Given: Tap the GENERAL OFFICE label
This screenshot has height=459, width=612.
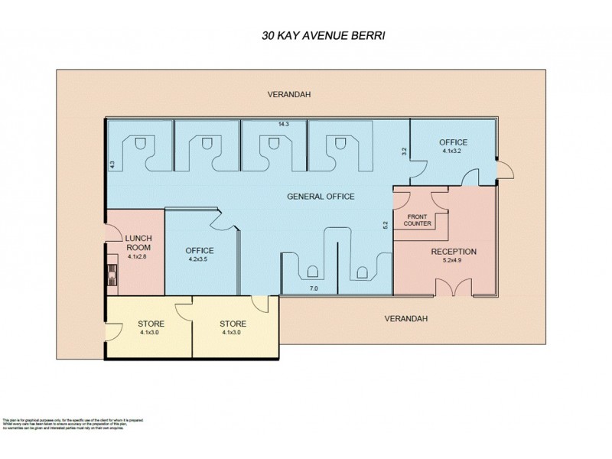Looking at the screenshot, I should coord(321,197).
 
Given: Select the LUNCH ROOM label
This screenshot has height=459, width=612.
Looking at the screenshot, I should coord(138,243).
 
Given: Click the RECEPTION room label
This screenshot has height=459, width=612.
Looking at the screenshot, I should coord(454,252).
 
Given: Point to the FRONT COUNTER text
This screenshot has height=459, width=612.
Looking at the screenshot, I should coord(418,220).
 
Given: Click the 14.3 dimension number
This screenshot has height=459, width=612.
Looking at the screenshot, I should coord(283,124).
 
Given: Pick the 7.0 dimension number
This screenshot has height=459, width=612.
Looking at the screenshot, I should coord(313,289).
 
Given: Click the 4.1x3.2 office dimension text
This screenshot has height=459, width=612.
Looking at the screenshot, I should coord(452,151).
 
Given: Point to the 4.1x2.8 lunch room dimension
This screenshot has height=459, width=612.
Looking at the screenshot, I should coord(138,256).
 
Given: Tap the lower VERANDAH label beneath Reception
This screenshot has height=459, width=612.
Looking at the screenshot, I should coord(404,318).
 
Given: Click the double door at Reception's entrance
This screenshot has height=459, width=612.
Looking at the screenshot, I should coord(454,288).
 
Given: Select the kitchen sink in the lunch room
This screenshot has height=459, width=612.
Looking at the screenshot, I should coord(112,272).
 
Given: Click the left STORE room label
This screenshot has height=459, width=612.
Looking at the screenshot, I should coord(151,324).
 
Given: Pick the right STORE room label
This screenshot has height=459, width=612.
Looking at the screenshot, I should coord(233,324).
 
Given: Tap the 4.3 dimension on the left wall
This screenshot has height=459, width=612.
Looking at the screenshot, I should coord(112,162).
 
